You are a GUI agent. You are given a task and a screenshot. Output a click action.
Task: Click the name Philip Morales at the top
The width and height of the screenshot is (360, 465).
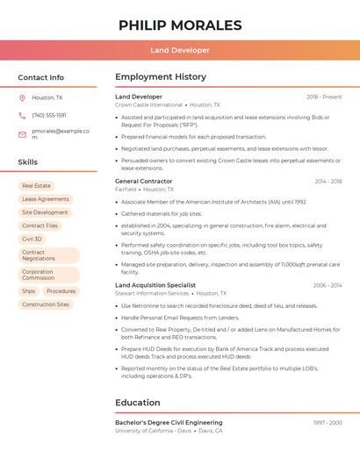click(x=180, y=25)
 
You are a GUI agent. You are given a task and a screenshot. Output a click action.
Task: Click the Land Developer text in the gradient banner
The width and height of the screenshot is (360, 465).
click(x=180, y=50)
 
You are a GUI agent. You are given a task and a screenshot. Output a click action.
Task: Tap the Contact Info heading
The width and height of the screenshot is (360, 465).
click(x=41, y=77)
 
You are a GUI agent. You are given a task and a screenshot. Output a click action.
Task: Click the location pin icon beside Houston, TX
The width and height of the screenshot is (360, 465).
click(x=22, y=98)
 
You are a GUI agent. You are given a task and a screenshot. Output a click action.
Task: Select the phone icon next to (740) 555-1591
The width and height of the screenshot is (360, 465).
click(x=22, y=115)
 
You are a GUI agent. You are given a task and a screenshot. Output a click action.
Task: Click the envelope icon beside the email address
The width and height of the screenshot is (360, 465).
click(x=22, y=133)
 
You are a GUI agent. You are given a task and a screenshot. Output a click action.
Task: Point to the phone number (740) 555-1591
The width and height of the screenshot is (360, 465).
click(x=49, y=115)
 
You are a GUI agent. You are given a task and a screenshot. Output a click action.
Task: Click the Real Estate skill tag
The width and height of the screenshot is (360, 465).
click(x=37, y=186)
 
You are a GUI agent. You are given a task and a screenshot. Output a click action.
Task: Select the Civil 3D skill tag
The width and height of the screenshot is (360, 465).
click(x=32, y=239)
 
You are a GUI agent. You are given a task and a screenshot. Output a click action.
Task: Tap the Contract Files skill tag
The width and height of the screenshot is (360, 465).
click(x=40, y=225)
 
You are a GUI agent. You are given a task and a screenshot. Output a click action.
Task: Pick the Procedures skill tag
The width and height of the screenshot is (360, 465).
click(x=61, y=291)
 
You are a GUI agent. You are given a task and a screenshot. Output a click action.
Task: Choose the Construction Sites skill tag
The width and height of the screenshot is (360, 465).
click(x=46, y=304)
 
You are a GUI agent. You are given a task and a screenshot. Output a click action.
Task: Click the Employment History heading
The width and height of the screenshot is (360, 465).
click(x=161, y=77)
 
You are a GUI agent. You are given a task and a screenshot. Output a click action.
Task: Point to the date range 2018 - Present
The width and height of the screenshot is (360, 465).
click(x=324, y=97)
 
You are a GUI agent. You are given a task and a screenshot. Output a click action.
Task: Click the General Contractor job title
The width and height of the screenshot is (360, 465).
click(x=144, y=181)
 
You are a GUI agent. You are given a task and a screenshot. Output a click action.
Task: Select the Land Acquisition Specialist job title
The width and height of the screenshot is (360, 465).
click(x=155, y=285)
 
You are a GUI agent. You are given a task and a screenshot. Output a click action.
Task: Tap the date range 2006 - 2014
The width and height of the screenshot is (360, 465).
click(x=327, y=285)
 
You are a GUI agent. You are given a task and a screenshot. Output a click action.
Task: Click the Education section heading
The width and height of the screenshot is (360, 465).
click(x=138, y=403)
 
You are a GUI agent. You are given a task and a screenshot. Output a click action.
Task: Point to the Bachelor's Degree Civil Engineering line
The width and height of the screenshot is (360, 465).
click(x=169, y=423)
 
